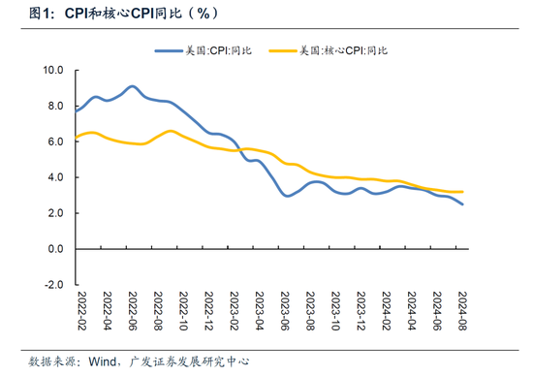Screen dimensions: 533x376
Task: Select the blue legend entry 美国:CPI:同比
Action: pos(204,51)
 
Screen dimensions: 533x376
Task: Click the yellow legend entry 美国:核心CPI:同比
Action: pos(329,51)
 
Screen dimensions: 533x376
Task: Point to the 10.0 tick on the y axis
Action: pos(53,71)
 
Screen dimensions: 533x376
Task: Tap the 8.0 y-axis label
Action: pos(56,106)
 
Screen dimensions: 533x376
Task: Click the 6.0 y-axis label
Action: pos(56,141)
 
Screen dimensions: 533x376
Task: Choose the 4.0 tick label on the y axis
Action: pos(56,177)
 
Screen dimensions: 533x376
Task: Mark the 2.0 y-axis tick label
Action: pos(56,213)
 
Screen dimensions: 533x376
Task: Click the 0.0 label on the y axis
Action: pos(56,249)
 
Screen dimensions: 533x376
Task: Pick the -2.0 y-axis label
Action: pos(54,285)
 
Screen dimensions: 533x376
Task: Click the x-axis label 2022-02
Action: pos(82,311)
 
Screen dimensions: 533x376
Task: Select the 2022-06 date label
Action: pos(133,311)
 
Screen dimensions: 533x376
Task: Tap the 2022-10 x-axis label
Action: pos(183,311)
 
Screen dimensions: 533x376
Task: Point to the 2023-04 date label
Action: pos(260,311)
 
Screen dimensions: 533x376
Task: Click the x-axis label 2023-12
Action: pos(361,311)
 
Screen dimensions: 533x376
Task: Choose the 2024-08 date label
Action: pos(462,311)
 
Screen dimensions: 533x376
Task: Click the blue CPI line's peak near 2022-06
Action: pos(132,86)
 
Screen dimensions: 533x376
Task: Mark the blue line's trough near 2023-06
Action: pos(287,196)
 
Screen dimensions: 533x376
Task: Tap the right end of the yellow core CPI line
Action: pos(462,192)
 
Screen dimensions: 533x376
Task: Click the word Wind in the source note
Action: pos(103,361)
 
